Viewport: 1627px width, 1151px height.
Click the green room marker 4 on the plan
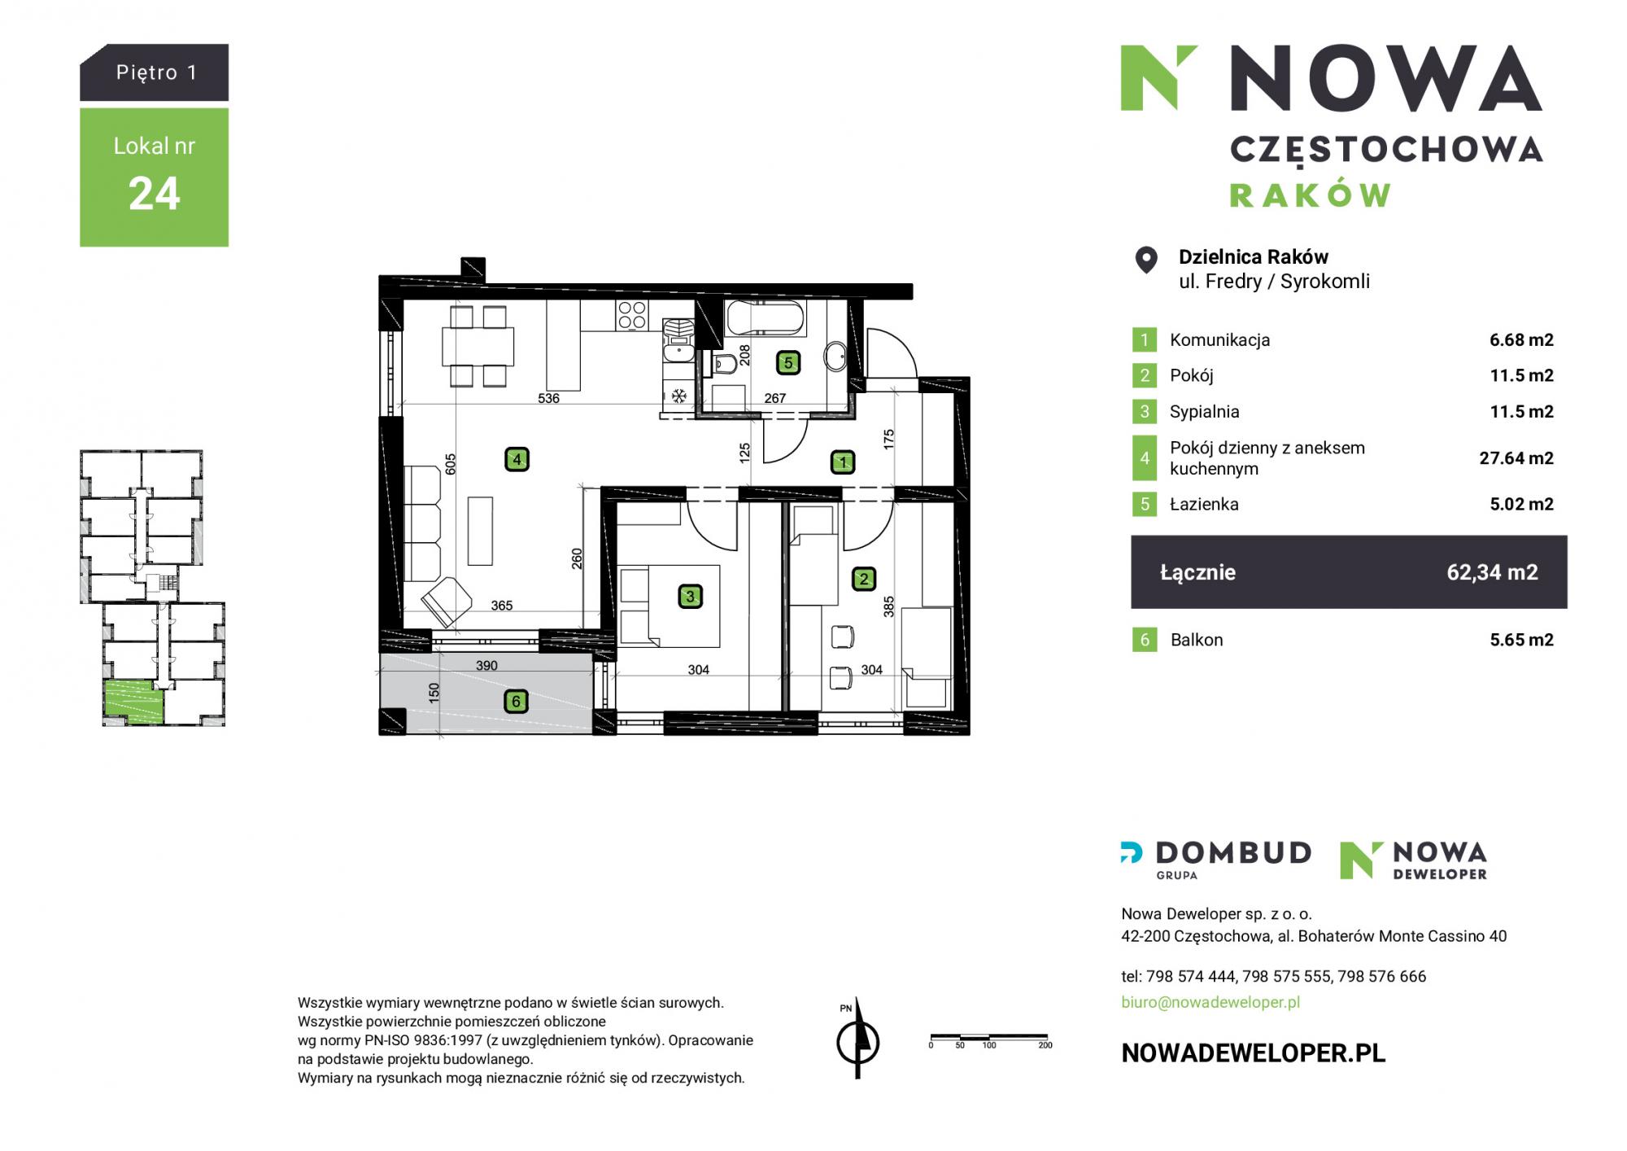pyautogui.click(x=517, y=460)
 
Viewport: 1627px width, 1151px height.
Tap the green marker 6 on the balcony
pyautogui.click(x=516, y=701)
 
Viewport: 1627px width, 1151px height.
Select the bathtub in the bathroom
pyautogui.click(x=765, y=318)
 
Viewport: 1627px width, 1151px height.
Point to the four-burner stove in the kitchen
pyautogui.click(x=632, y=315)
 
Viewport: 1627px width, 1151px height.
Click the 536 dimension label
pyautogui.click(x=549, y=398)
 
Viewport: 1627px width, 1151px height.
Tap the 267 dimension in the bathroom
pyautogui.click(x=775, y=398)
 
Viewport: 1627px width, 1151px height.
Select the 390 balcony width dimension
pyautogui.click(x=486, y=665)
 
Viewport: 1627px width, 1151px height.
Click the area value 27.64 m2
pyautogui.click(x=1516, y=458)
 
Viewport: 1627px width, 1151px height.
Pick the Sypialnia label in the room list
pyautogui.click(x=1204, y=412)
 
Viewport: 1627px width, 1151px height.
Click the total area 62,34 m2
pyautogui.click(x=1492, y=572)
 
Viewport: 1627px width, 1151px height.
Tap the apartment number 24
pyautogui.click(x=154, y=194)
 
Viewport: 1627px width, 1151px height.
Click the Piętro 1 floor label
pyautogui.click(x=156, y=72)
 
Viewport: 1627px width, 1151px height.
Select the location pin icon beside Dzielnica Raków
pyautogui.click(x=1146, y=260)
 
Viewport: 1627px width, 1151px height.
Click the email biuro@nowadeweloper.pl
pyautogui.click(x=1210, y=1002)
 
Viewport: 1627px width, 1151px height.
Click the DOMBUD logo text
pyautogui.click(x=1233, y=853)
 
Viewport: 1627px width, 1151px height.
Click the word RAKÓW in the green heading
pyautogui.click(x=1310, y=195)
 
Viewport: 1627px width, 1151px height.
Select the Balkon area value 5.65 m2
pyautogui.click(x=1521, y=640)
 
